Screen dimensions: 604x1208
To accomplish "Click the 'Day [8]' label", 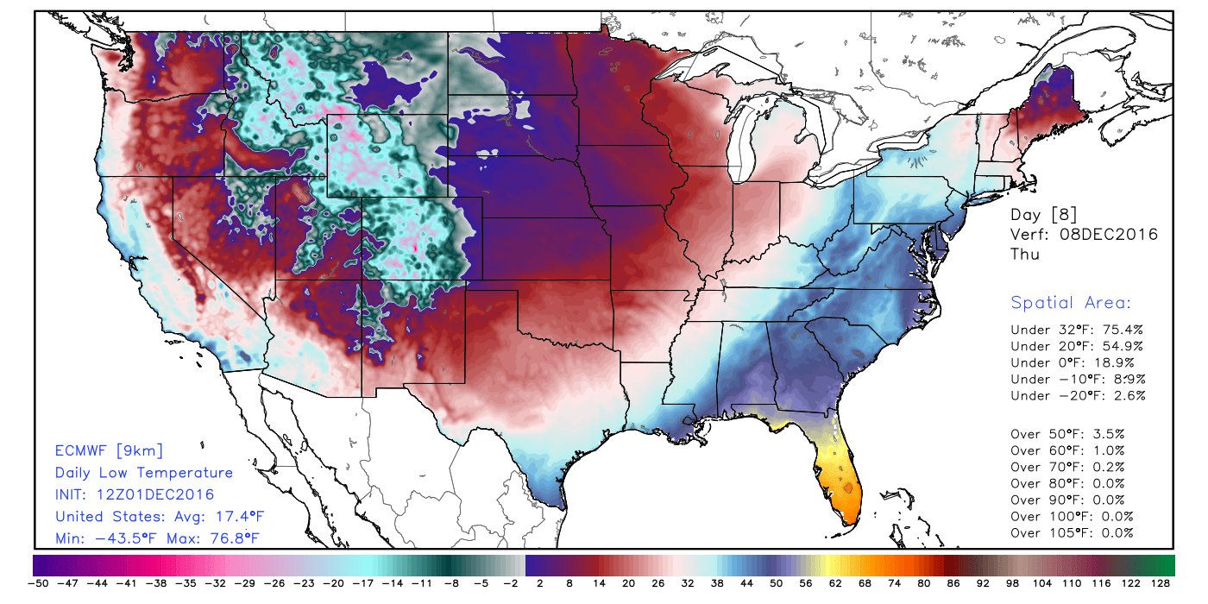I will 1043,214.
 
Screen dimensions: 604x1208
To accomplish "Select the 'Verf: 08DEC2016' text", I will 1084,235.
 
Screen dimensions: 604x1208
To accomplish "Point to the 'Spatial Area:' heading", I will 1071,303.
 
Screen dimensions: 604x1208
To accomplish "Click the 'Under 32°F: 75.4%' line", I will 1077,330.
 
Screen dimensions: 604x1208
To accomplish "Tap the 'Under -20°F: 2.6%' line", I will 1078,395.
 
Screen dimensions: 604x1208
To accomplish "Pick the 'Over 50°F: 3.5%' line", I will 1067,434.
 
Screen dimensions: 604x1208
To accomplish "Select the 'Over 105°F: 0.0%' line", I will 1071,532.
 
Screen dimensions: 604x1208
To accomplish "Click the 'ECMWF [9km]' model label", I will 109,450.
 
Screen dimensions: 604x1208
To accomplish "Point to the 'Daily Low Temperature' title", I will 144,473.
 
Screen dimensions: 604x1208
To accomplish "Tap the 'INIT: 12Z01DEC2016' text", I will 135,494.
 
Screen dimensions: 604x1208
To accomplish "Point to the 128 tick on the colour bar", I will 1161,584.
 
